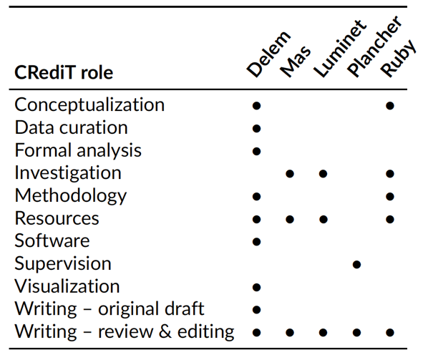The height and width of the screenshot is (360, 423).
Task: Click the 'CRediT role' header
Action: click(64, 72)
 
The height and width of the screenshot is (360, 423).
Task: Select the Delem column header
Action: click(268, 54)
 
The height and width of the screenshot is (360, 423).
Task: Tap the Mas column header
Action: click(295, 62)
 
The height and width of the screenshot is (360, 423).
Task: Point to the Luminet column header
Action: click(340, 49)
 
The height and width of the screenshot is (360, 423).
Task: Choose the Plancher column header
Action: click(374, 47)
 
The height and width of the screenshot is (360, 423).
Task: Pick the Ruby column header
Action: click(398, 58)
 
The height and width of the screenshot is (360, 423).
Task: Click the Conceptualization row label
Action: click(89, 105)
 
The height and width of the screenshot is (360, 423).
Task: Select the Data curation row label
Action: click(72, 127)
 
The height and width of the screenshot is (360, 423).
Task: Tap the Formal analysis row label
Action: click(78, 150)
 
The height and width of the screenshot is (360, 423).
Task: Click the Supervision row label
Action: click(63, 263)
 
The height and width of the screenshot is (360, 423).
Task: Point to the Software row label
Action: click(52, 240)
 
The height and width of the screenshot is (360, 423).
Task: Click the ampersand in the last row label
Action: click(165, 331)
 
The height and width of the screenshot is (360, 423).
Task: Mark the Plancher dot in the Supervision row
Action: click(356, 265)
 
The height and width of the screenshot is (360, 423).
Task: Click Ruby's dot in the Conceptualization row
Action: click(390, 106)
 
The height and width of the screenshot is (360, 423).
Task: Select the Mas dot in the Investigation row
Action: click(290, 174)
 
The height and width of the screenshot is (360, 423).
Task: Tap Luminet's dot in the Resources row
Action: click(324, 219)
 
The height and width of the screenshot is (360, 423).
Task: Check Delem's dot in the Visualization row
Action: click(256, 287)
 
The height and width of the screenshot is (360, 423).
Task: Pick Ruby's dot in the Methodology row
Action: click(390, 196)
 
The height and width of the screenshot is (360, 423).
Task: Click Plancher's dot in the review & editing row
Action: click(356, 333)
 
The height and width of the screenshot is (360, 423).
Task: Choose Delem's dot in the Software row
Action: click(256, 242)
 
